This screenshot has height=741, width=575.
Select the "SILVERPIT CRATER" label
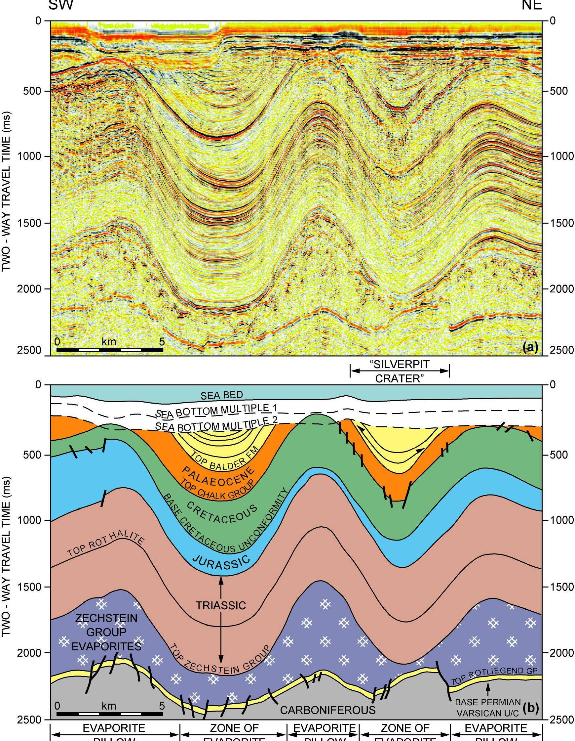[x=400, y=371]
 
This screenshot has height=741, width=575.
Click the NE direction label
[x=532, y=6]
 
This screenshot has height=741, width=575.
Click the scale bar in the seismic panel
[x=110, y=349]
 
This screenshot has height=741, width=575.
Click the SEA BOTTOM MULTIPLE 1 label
[x=217, y=411]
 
